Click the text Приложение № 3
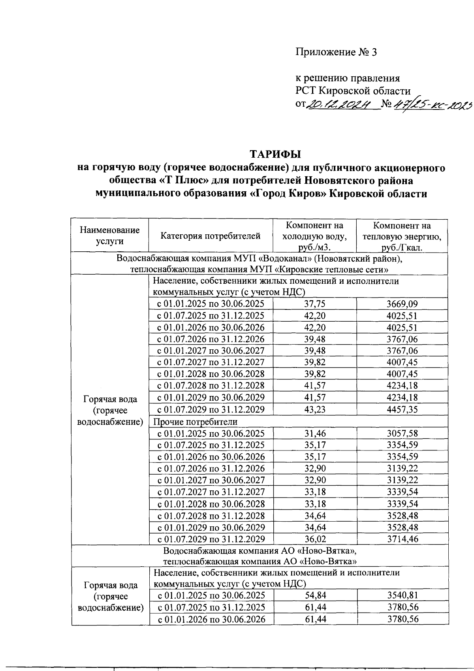pos(336,52)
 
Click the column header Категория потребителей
pos(211,236)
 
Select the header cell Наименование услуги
pos(109,236)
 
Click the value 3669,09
pos(402,304)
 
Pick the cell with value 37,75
pos(314,304)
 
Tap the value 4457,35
pos(402,409)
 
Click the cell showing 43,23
pos(314,409)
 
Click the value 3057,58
pos(402,433)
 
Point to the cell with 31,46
pos(314,433)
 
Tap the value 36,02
pos(314,539)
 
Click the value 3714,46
pos(402,539)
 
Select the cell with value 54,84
pos(314,596)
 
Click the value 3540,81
pos(402,596)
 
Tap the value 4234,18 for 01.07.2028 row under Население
pos(402,386)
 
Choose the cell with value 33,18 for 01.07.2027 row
pos(314,492)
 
